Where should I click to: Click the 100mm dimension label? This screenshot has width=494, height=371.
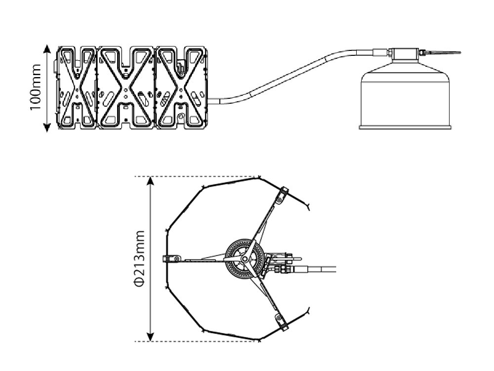(36, 87)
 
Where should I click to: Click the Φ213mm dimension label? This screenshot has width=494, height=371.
(139, 258)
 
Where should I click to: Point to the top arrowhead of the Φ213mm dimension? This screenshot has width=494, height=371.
(151, 181)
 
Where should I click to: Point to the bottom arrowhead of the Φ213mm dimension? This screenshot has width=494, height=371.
(151, 336)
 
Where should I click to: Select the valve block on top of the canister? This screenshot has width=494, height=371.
(405, 53)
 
